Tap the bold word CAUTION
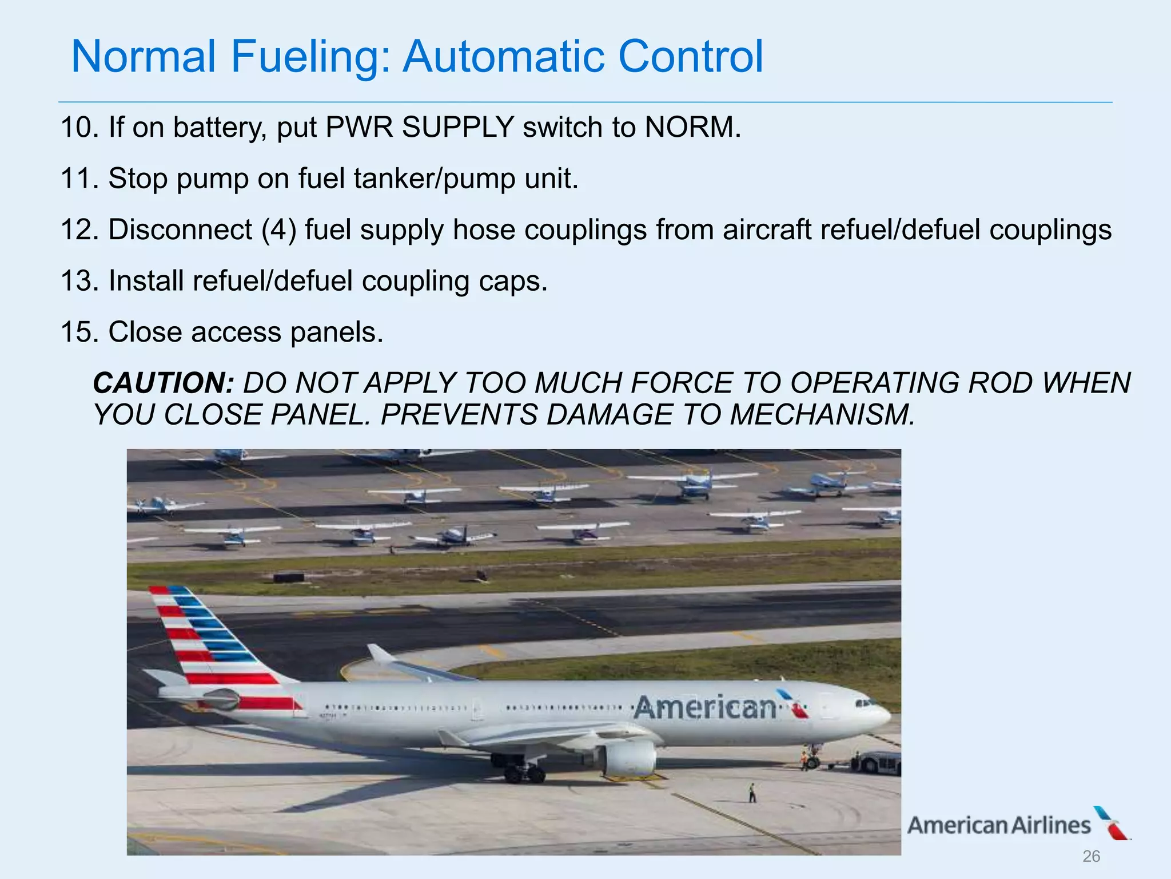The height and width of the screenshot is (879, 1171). point(164,383)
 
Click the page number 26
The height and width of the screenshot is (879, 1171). point(1091,856)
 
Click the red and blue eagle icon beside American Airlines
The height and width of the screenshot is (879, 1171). point(1112,823)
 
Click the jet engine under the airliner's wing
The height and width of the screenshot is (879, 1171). point(629,759)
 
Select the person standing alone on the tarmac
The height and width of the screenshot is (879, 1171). point(752,793)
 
